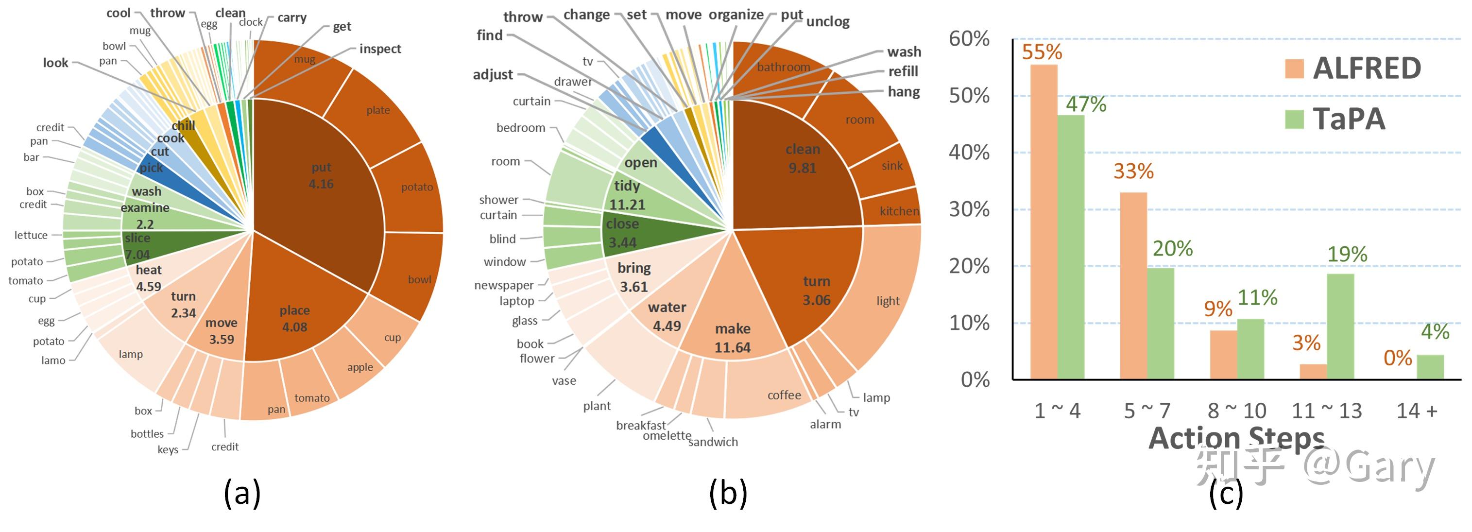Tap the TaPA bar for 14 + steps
coord(1430,367)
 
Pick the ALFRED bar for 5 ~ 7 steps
coord(1133,286)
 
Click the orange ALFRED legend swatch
coord(1294,69)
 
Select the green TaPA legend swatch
coord(1294,119)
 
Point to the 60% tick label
coord(969,39)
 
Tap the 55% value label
coord(1042,52)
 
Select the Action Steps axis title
coord(1236,438)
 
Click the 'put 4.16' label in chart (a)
coord(321,175)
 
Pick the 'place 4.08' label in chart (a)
coord(294,319)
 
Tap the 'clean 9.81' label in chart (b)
coord(802,158)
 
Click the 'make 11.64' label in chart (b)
coord(733,338)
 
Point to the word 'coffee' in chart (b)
coord(784,395)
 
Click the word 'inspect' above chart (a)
coord(380,49)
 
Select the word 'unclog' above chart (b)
coord(827,22)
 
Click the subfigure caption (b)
coord(728,493)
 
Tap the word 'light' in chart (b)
coord(888,301)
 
